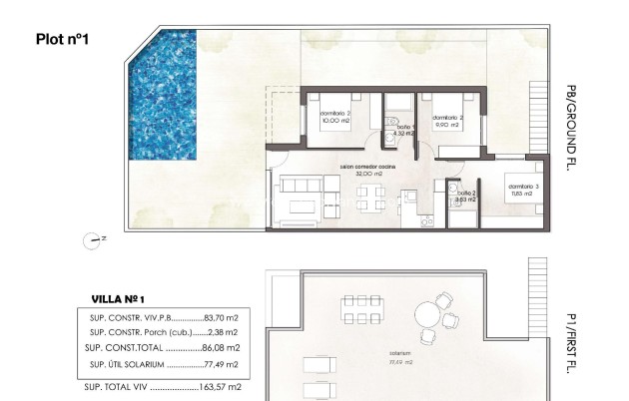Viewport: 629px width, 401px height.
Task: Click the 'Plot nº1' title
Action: [x=63, y=40]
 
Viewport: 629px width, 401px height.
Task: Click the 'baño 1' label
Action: [x=403, y=127]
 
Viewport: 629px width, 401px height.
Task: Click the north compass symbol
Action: [x=96, y=238]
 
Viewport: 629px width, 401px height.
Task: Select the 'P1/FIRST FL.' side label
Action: [x=572, y=337]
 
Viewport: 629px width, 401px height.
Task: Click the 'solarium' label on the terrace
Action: [x=402, y=354]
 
